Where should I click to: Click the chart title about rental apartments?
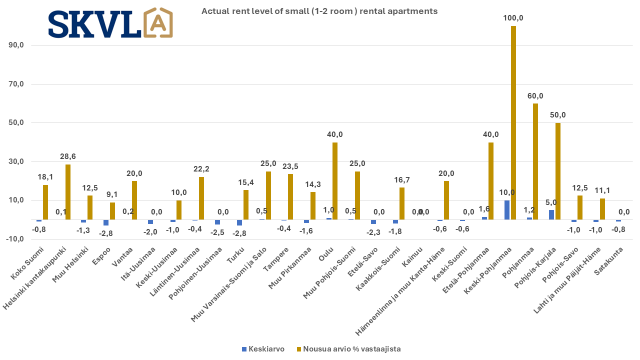319,11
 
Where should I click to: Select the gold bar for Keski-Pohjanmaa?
513,122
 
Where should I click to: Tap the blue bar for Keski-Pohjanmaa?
507,210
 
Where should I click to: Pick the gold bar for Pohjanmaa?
535,161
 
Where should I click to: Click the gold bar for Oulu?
334,181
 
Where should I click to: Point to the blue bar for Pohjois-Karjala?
551,215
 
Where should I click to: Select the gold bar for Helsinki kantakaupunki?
67,192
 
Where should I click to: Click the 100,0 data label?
513,18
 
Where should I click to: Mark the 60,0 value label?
535,95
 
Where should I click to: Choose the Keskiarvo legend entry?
263,349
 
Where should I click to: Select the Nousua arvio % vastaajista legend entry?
348,349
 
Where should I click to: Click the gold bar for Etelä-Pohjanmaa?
490,181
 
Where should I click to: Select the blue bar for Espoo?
106,222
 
